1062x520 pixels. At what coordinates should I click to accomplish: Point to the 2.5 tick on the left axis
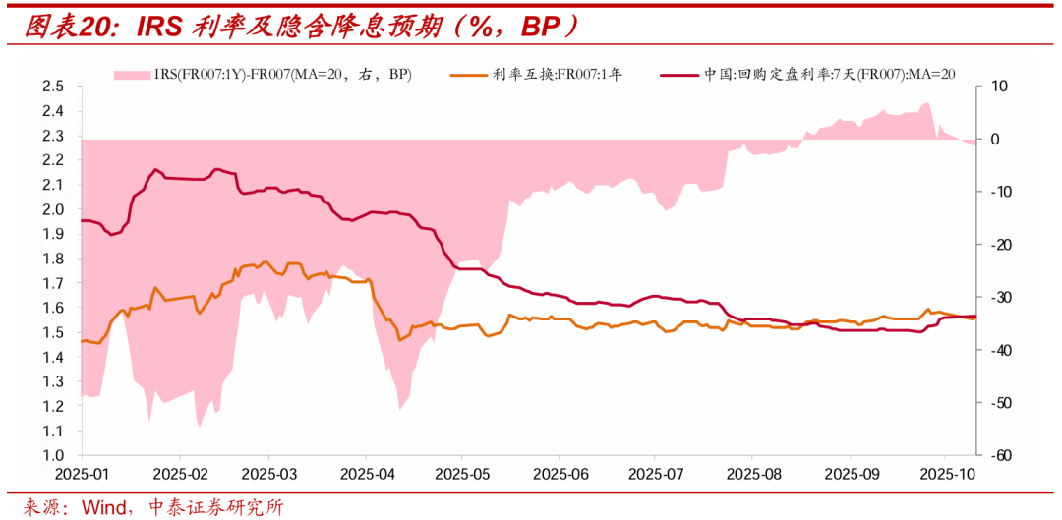pyautogui.click(x=53, y=87)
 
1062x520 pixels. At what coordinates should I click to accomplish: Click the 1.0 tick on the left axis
pyautogui.click(x=53, y=456)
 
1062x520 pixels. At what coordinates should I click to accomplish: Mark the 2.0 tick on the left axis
pyautogui.click(x=53, y=209)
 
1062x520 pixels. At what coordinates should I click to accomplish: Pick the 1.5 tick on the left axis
pyautogui.click(x=53, y=333)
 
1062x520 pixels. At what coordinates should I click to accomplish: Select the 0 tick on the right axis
pyautogui.click(x=995, y=140)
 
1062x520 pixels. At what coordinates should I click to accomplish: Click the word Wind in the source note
pyautogui.click(x=103, y=507)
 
